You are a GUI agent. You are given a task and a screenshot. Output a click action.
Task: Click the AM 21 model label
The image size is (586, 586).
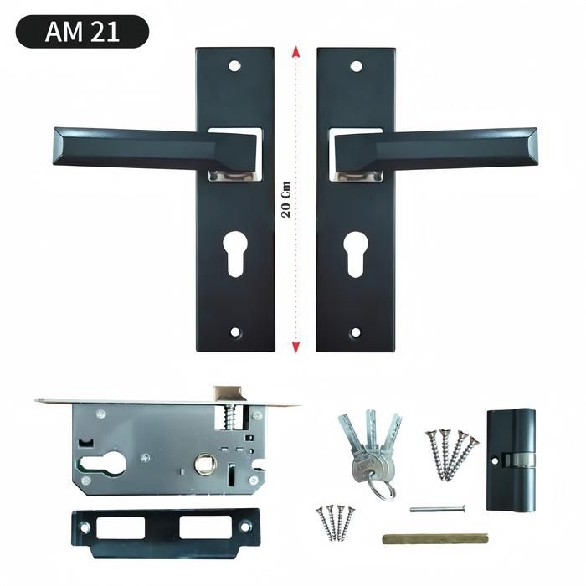82,32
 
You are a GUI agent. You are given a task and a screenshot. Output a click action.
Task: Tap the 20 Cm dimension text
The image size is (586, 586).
286,199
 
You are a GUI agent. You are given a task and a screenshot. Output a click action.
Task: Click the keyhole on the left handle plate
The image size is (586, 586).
235,254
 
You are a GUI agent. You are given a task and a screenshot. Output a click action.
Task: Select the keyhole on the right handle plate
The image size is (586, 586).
356,254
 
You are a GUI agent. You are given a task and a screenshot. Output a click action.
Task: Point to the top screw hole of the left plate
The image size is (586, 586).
234,66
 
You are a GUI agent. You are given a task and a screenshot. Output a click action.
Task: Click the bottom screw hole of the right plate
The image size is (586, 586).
356,332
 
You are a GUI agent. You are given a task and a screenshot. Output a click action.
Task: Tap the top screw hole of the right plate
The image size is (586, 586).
356,66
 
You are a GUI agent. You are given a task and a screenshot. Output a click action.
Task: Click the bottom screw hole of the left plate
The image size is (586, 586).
235,332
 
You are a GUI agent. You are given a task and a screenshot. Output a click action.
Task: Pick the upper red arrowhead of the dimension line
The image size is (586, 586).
296,51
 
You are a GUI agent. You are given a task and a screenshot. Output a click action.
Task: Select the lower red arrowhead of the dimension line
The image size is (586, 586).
296,347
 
